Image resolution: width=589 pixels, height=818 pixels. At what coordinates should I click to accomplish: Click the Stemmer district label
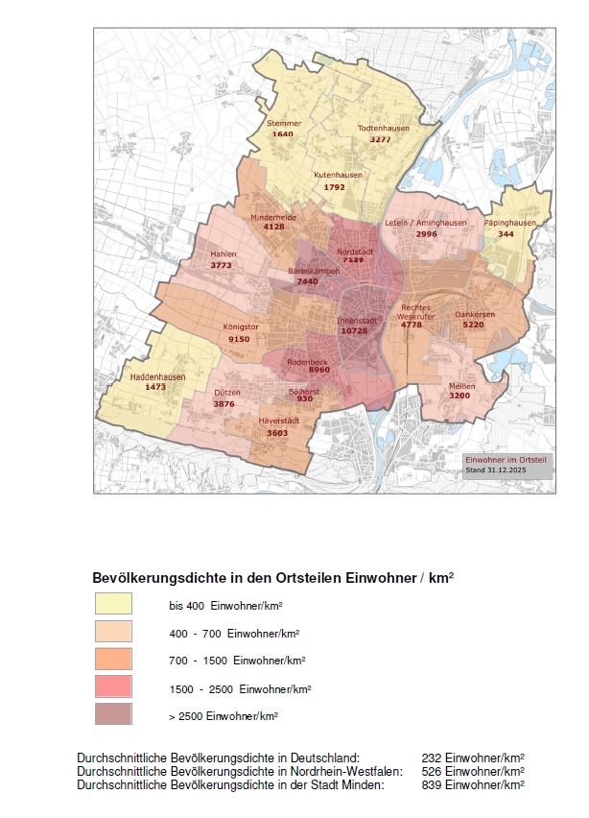(284, 123)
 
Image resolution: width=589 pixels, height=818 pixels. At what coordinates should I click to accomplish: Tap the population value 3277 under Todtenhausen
(382, 140)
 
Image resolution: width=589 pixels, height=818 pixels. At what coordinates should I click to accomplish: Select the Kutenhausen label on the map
(338, 175)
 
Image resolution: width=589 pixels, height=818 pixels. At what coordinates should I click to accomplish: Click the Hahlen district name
(223, 254)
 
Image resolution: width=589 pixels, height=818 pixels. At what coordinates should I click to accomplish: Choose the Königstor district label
(241, 327)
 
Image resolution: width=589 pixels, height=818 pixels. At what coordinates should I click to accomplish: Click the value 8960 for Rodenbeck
(319, 370)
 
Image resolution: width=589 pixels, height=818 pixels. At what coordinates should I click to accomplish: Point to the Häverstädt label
(278, 421)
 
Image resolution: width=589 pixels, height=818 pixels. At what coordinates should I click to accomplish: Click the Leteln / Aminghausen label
(425, 223)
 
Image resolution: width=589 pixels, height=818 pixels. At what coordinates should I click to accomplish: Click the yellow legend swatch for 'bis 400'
(113, 605)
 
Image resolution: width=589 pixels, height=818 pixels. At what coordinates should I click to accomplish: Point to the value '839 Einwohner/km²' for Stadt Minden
(473, 784)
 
